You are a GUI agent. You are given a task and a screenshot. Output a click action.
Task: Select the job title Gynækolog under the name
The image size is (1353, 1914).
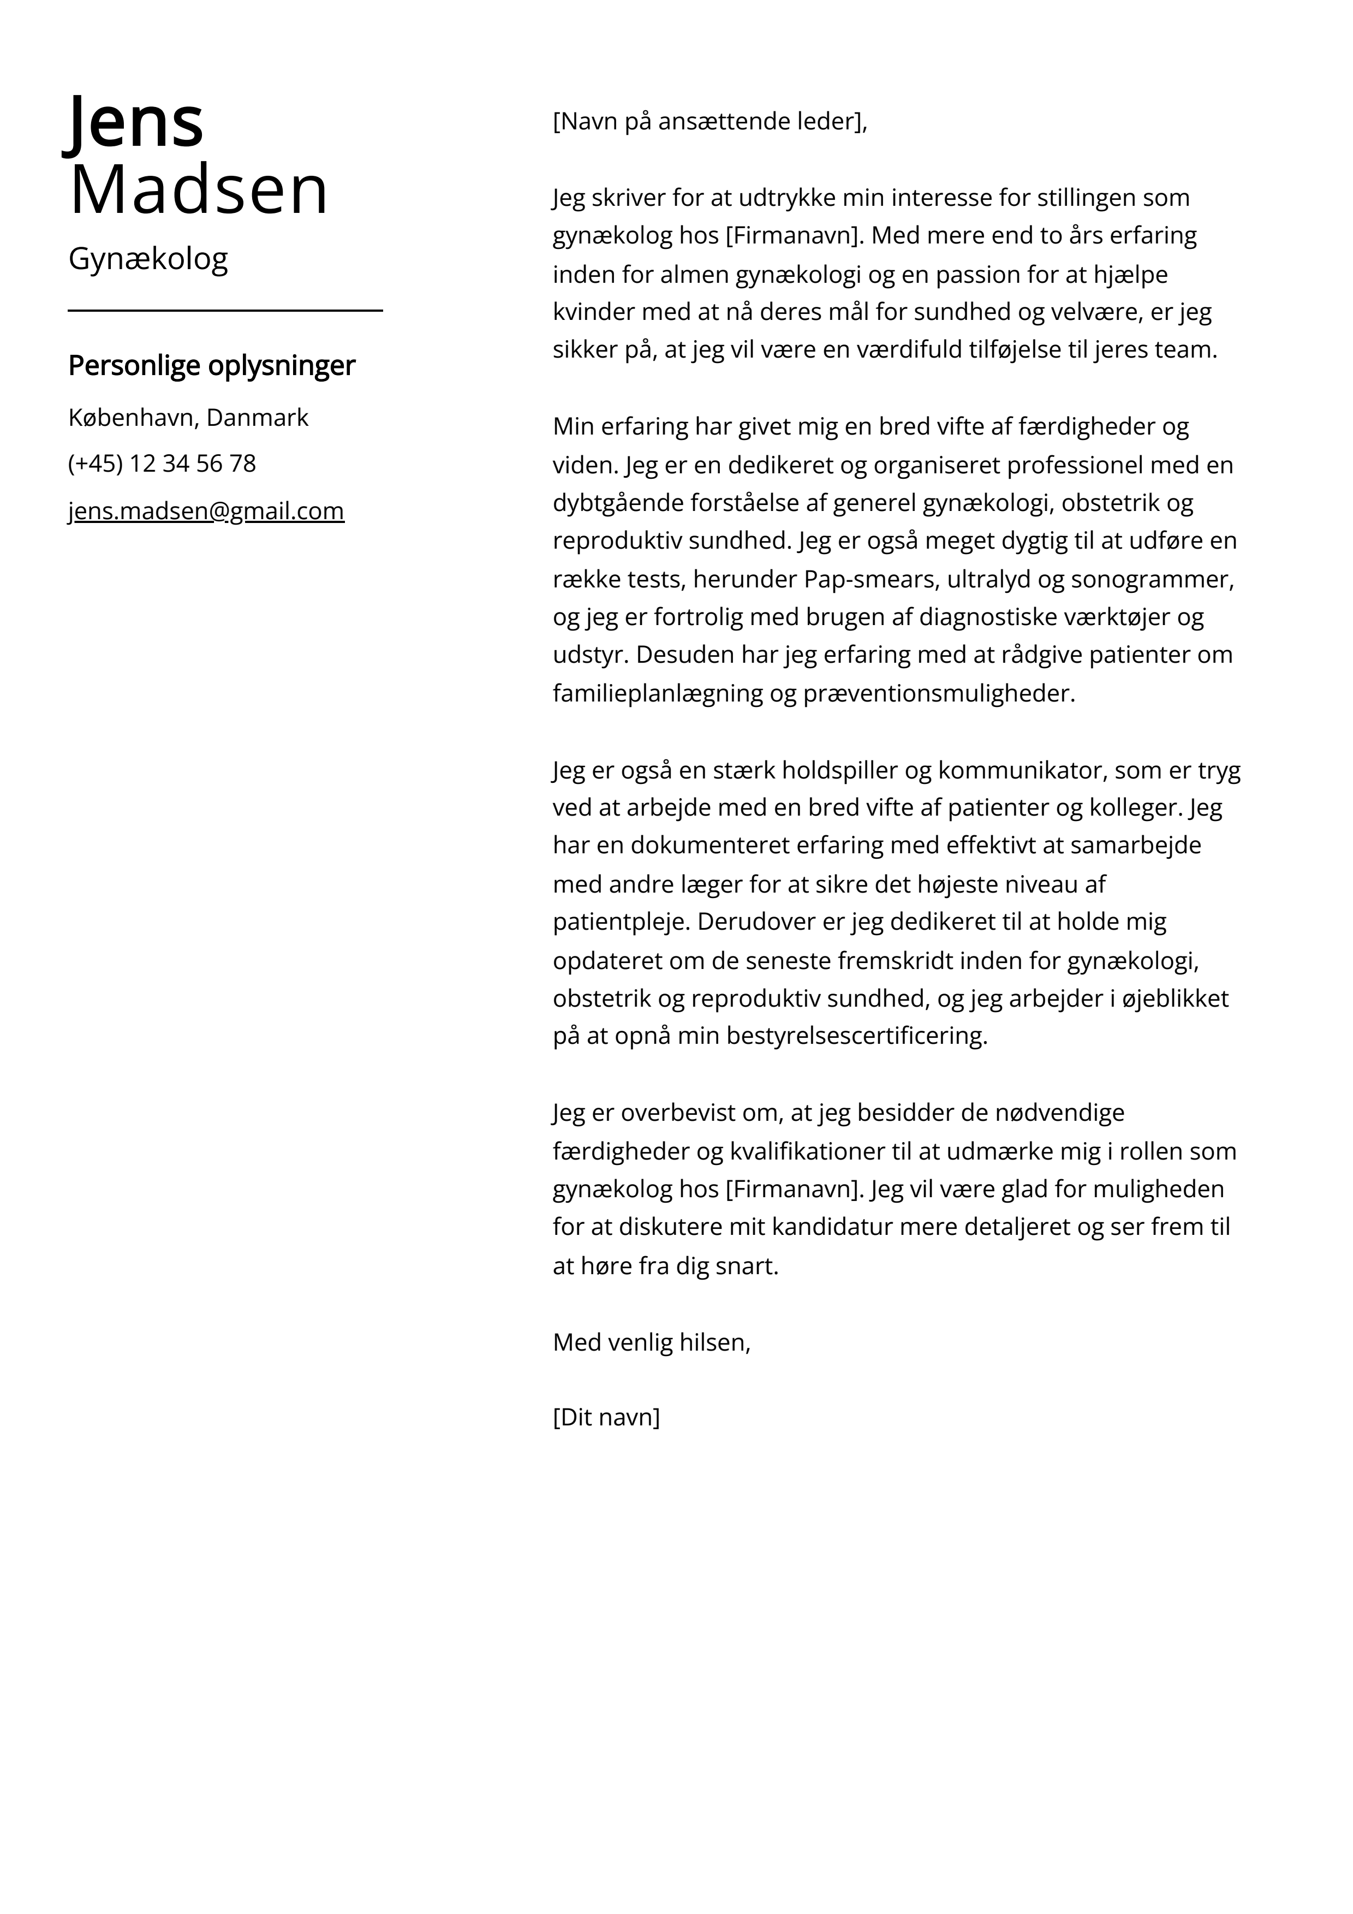click(147, 259)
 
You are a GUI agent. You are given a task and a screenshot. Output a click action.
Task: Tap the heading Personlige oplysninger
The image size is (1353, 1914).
click(212, 365)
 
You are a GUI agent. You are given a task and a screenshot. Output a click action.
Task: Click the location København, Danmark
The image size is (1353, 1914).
click(188, 418)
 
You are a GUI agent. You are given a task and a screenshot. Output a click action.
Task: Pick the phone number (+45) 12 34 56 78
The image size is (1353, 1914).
click(162, 463)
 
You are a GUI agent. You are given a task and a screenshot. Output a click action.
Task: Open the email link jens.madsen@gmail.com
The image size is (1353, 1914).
click(206, 511)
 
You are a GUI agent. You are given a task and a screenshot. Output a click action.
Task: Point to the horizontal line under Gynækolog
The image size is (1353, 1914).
click(225, 310)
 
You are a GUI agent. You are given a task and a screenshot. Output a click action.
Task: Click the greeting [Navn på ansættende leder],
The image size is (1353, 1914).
click(710, 122)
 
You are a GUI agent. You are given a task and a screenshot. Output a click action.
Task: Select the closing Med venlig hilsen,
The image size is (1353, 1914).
click(651, 1342)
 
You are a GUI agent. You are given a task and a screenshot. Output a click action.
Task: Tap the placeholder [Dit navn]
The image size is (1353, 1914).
click(606, 1418)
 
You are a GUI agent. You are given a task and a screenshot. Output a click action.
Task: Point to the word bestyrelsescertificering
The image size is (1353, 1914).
click(856, 1036)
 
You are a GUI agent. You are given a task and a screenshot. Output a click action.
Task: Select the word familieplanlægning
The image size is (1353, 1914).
click(658, 693)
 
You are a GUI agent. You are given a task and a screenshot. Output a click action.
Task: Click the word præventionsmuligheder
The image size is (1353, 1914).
click(939, 693)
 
